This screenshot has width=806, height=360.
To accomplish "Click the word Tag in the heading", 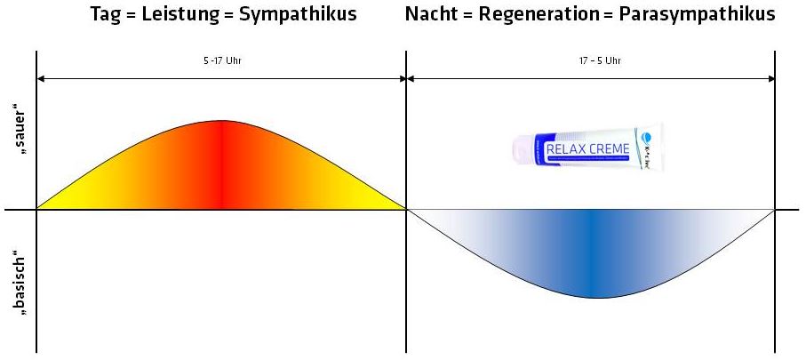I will (106, 14).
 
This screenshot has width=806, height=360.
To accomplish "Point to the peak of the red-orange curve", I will (221, 121).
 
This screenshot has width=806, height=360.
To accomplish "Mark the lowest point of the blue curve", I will (592, 297).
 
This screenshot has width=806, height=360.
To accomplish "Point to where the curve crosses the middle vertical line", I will (406, 210).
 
